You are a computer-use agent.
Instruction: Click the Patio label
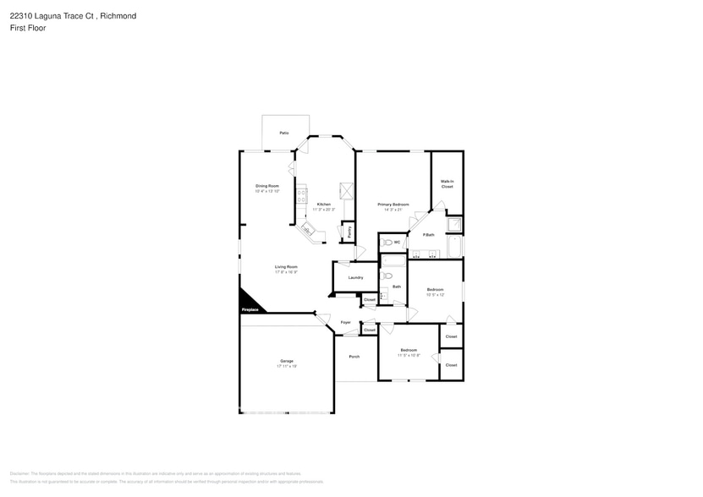click(284, 134)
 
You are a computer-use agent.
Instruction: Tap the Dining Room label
click(267, 186)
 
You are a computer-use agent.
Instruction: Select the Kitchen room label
click(324, 205)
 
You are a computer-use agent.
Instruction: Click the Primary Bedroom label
click(393, 205)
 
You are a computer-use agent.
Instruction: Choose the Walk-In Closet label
click(447, 184)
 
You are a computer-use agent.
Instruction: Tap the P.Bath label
click(428, 234)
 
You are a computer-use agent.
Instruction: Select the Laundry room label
click(355, 277)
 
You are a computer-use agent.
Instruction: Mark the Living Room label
click(286, 267)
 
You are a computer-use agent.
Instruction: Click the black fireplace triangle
click(248, 302)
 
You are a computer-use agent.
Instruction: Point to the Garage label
click(287, 361)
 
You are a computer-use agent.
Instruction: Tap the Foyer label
click(345, 322)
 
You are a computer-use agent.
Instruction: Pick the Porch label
click(354, 356)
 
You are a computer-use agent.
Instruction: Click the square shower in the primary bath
click(454, 225)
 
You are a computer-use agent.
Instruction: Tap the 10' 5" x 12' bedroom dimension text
click(435, 295)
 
